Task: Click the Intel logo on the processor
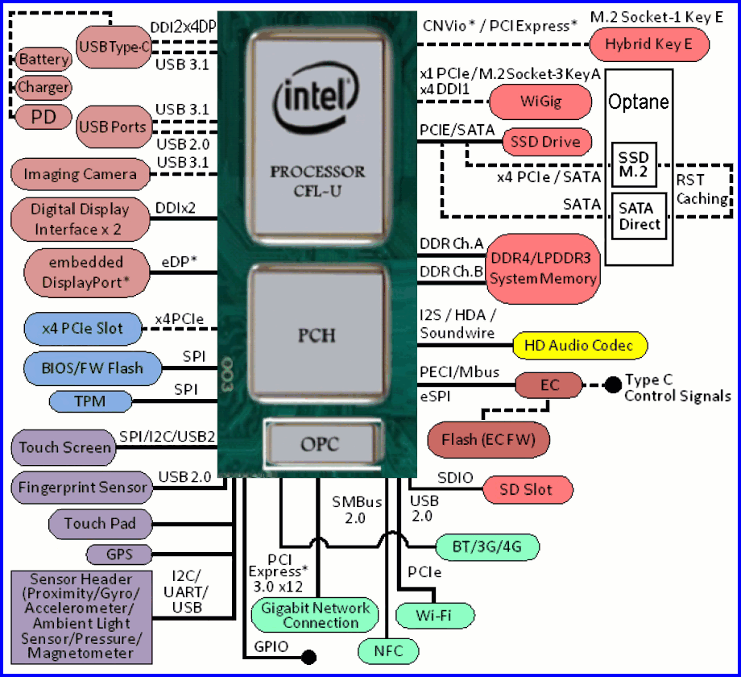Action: click(x=316, y=98)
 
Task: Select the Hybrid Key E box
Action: click(x=649, y=44)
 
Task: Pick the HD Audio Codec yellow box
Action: click(x=579, y=346)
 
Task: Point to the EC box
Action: click(x=549, y=385)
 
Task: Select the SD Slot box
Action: click(x=528, y=489)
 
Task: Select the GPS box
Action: click(x=119, y=554)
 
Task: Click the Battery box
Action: click(x=44, y=60)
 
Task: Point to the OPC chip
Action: click(x=320, y=444)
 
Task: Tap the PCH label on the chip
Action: click(x=317, y=334)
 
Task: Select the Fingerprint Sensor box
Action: click(x=82, y=487)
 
